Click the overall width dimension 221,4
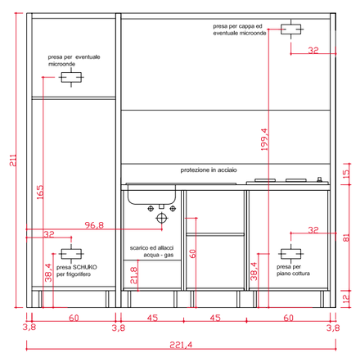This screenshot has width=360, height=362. (x=181, y=345)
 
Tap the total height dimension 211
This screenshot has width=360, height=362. (x=13, y=161)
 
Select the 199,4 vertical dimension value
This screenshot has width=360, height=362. (x=264, y=139)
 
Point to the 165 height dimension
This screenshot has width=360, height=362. (x=40, y=192)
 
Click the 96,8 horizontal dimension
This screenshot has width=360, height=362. (x=94, y=225)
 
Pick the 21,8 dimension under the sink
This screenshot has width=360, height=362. (x=133, y=275)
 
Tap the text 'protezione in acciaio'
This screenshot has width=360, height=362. (x=209, y=170)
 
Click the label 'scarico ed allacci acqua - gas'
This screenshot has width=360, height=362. (x=151, y=251)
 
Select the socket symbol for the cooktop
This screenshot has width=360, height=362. (x=291, y=254)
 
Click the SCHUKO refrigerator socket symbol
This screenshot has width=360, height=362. (x=71, y=254)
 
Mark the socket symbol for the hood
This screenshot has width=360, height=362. (x=291, y=29)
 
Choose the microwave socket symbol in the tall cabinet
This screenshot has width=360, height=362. (x=71, y=78)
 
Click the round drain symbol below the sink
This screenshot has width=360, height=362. (x=161, y=218)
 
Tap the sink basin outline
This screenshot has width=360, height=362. (x=151, y=195)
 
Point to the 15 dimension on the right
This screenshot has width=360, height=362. (x=346, y=174)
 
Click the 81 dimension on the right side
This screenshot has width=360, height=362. (x=346, y=238)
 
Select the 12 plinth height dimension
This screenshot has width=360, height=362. (x=346, y=299)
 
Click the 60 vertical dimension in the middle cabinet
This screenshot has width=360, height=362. (x=192, y=254)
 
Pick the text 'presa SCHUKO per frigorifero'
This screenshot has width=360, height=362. (x=76, y=271)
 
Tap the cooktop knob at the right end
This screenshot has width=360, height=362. (x=319, y=179)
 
